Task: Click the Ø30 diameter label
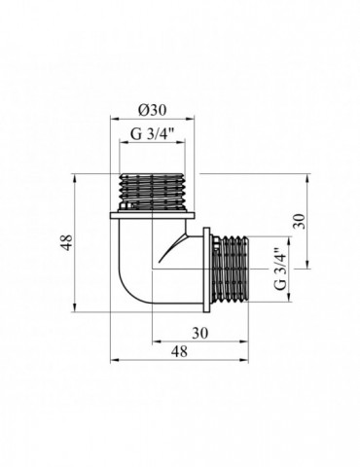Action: (x=152, y=111)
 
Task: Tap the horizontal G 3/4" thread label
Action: (x=153, y=133)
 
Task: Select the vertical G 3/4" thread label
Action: (x=280, y=269)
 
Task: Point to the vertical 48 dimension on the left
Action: (x=67, y=242)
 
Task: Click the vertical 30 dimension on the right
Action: (x=301, y=222)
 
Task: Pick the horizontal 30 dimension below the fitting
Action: (x=199, y=333)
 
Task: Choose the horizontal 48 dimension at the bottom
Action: (x=180, y=351)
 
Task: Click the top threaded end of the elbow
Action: (x=153, y=193)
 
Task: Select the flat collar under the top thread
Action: (x=153, y=216)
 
